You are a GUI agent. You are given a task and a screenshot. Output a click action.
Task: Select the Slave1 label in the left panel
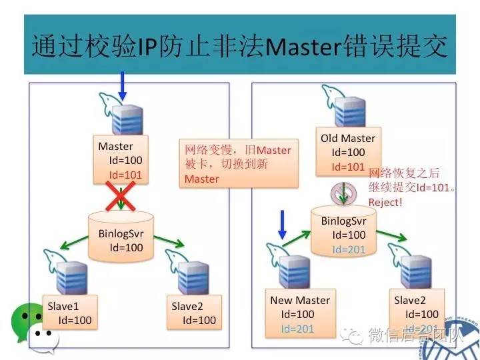tap(63, 306)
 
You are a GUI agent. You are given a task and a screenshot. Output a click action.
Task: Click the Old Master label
tap(347, 139)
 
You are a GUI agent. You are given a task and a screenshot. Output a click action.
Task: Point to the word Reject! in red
tap(385, 201)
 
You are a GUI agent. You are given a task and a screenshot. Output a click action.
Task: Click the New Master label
tap(299, 300)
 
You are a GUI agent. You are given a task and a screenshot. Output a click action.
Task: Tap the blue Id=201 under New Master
tap(297, 328)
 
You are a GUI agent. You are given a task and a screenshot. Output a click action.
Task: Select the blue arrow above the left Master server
tap(122, 85)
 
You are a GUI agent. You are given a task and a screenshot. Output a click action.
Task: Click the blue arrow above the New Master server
tap(282, 224)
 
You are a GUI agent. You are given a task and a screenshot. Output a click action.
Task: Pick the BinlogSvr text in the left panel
tap(121, 234)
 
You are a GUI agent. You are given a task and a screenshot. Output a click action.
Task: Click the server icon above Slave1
tap(68, 273)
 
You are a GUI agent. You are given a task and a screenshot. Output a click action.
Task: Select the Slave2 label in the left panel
tap(187, 306)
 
